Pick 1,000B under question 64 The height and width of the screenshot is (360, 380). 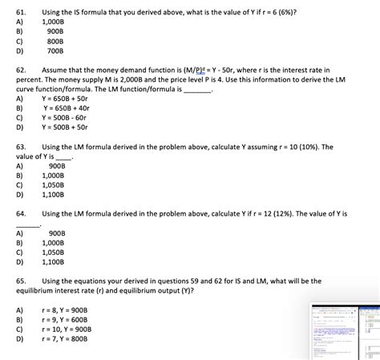click(x=53, y=241)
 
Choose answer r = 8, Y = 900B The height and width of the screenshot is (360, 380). click(x=67, y=309)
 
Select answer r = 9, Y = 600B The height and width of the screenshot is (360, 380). click(x=67, y=319)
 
